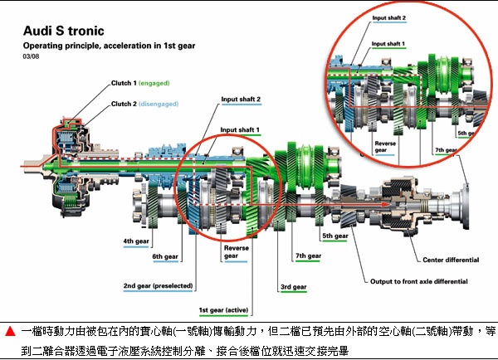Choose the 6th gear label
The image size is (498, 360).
pos(166,257)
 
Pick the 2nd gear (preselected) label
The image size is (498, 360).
pos(158,285)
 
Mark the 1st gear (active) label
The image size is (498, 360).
pos(227,311)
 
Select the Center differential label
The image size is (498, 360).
pos(451,260)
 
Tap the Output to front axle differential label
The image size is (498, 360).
pos(424,280)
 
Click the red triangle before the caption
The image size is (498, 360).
pos(9,331)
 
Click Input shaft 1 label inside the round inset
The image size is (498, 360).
pos(389,42)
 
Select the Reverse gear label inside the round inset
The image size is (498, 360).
pos(385,147)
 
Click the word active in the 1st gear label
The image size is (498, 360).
pos(246,311)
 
